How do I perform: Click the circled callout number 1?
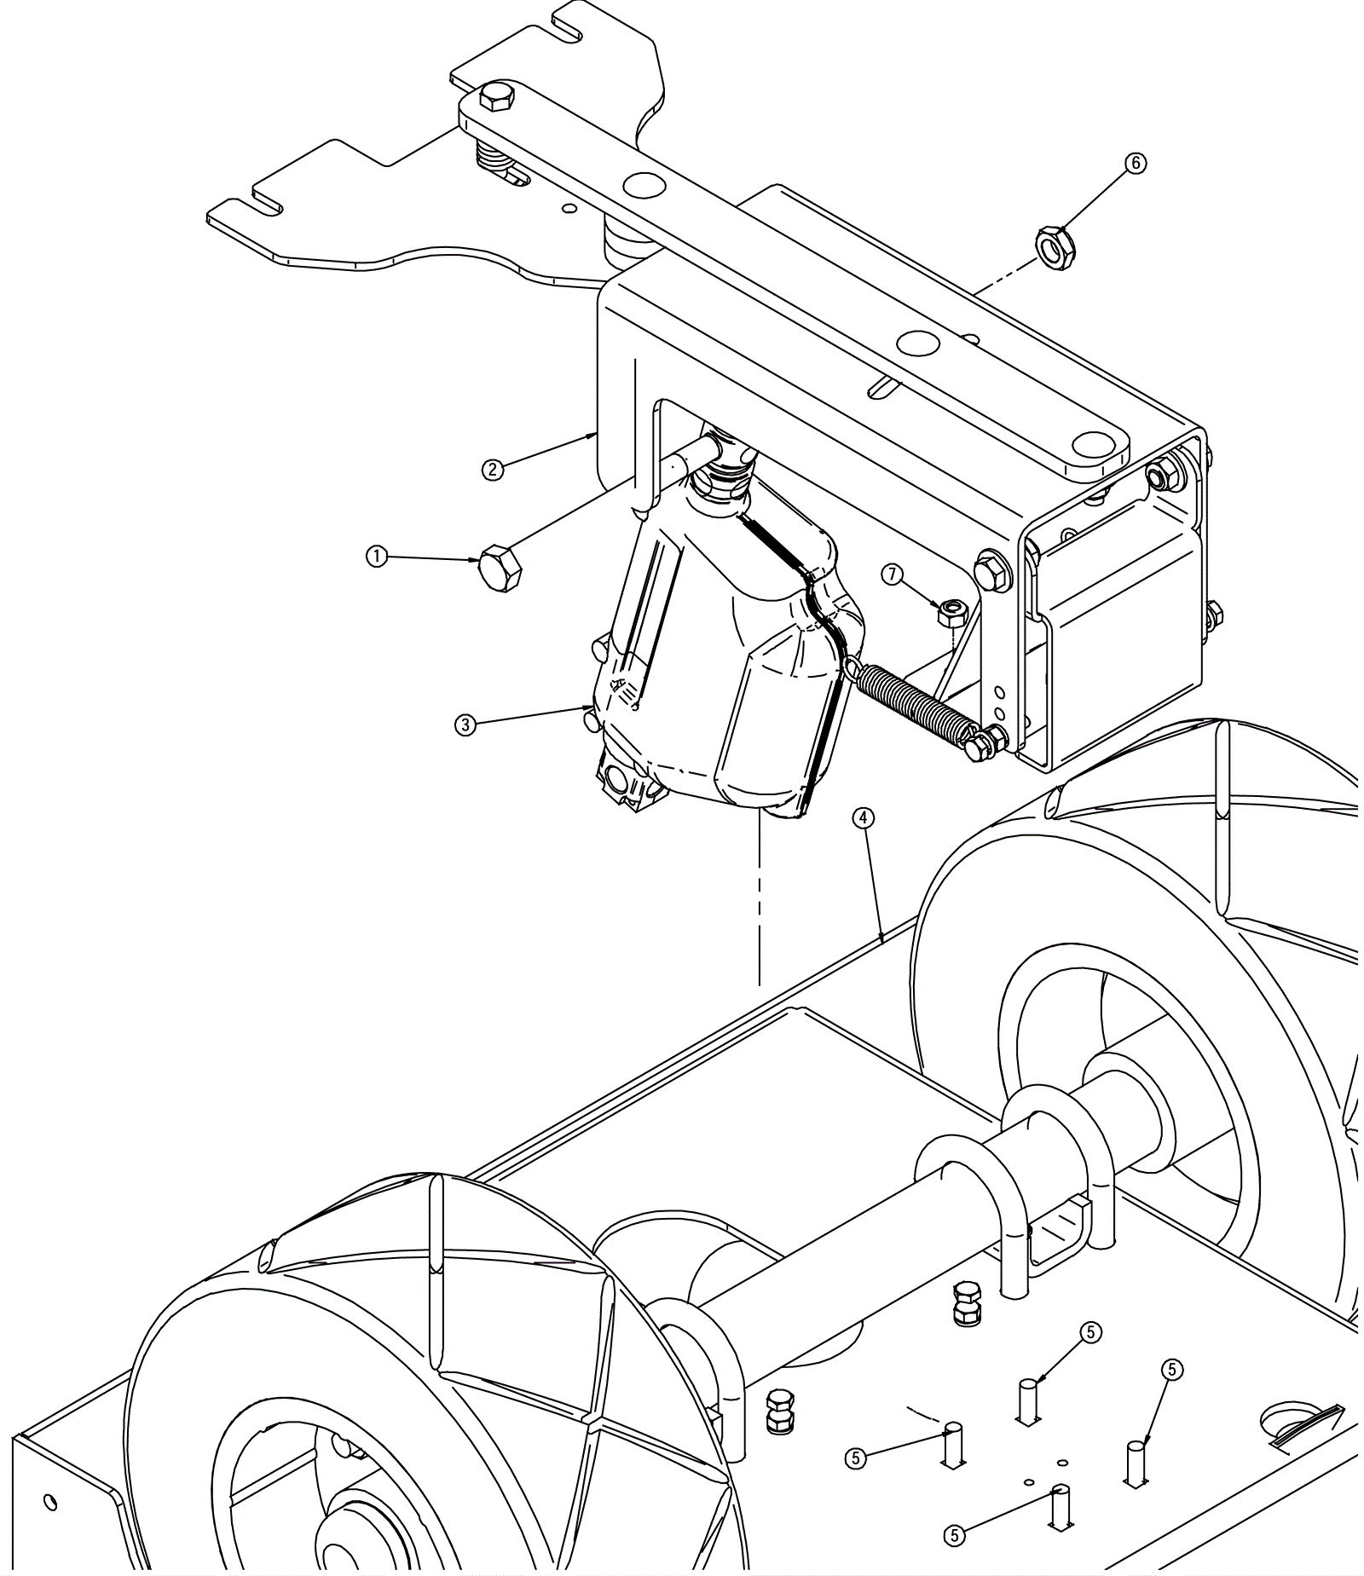tap(376, 557)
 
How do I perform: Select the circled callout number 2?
tap(492, 469)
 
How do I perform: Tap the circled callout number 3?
tap(465, 724)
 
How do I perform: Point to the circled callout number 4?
tap(864, 818)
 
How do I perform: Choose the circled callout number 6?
tap(1136, 163)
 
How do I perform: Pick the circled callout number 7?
tap(893, 575)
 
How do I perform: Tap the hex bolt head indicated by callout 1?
tap(499, 569)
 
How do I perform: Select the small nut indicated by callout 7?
tap(951, 610)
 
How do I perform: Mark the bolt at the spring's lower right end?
tap(979, 748)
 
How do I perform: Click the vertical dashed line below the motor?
tap(759, 895)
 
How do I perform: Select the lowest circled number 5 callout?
tap(954, 1535)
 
